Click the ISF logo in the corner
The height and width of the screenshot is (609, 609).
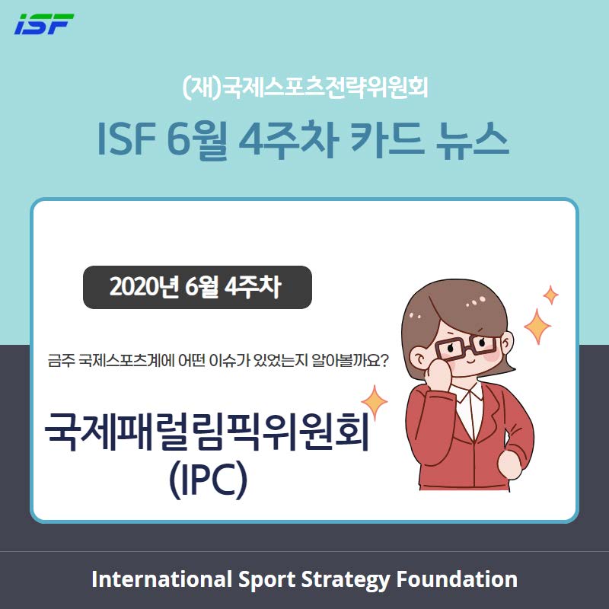(44, 24)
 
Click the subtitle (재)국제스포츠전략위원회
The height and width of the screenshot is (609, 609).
(305, 88)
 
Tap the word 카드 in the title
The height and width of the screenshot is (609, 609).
(387, 140)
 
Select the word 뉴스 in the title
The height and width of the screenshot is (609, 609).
(472, 140)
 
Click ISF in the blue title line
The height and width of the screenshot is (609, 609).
(126, 139)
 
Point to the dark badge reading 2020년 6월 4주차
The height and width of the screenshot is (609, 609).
(197, 287)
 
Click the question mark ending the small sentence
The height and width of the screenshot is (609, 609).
(383, 361)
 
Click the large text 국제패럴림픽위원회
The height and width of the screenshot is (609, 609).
(207, 431)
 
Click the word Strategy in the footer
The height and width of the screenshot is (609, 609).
(345, 580)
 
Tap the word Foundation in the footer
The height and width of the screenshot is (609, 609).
(457, 579)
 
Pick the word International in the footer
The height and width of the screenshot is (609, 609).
(161, 579)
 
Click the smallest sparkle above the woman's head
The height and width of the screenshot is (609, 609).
(550, 295)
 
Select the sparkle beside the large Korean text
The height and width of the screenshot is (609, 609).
(375, 403)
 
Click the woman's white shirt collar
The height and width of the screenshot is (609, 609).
(470, 396)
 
